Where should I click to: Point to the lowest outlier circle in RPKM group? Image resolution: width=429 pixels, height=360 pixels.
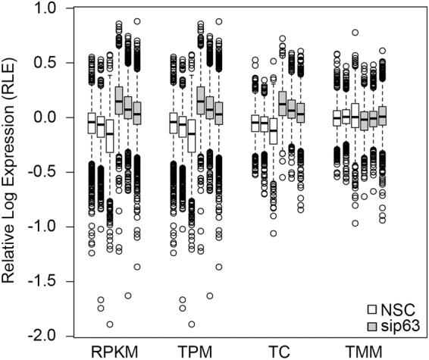coord(110,324)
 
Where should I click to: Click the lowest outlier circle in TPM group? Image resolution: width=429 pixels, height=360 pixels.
coord(191,324)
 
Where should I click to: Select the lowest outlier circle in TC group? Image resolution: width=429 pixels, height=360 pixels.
coord(273,233)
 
